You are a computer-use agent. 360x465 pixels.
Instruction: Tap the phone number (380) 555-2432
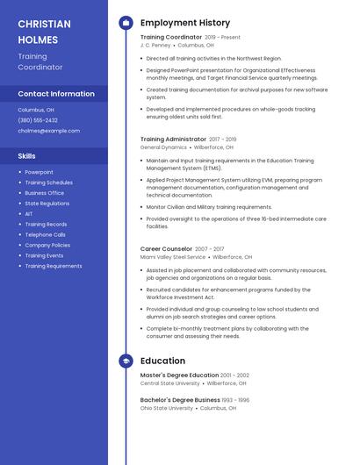click(x=38, y=120)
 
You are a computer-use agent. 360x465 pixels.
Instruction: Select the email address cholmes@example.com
click(x=48, y=131)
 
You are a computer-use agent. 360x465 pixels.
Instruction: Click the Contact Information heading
click(x=56, y=94)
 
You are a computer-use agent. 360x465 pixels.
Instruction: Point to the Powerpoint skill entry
click(x=39, y=172)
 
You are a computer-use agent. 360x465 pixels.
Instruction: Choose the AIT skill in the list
click(x=29, y=214)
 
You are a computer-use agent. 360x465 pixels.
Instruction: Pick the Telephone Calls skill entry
click(x=45, y=235)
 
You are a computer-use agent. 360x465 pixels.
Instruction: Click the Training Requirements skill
click(x=53, y=266)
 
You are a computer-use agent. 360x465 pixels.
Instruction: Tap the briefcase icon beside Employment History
click(x=126, y=23)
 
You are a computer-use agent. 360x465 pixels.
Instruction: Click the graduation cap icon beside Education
click(x=126, y=361)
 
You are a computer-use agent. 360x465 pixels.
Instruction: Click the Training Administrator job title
click(x=173, y=139)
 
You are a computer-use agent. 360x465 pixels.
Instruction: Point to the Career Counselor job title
click(x=166, y=249)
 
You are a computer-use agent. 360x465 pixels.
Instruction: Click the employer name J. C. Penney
click(x=155, y=45)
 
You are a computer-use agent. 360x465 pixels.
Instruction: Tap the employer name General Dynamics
click(x=163, y=147)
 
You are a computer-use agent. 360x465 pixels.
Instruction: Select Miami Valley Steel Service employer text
click(x=173, y=257)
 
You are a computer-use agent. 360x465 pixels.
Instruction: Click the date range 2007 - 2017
click(x=210, y=249)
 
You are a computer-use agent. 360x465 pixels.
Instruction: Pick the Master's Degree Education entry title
click(x=179, y=376)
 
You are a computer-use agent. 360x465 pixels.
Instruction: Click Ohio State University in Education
click(x=166, y=408)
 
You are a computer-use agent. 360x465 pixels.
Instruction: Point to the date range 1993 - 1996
click(x=235, y=400)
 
